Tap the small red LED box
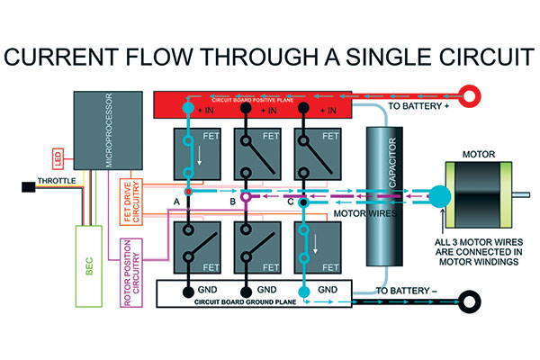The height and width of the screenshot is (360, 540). coord(57,160)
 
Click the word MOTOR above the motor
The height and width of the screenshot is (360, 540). coord(480,155)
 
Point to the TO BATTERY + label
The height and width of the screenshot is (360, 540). coord(420,107)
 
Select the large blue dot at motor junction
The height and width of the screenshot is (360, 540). coord(438,194)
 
